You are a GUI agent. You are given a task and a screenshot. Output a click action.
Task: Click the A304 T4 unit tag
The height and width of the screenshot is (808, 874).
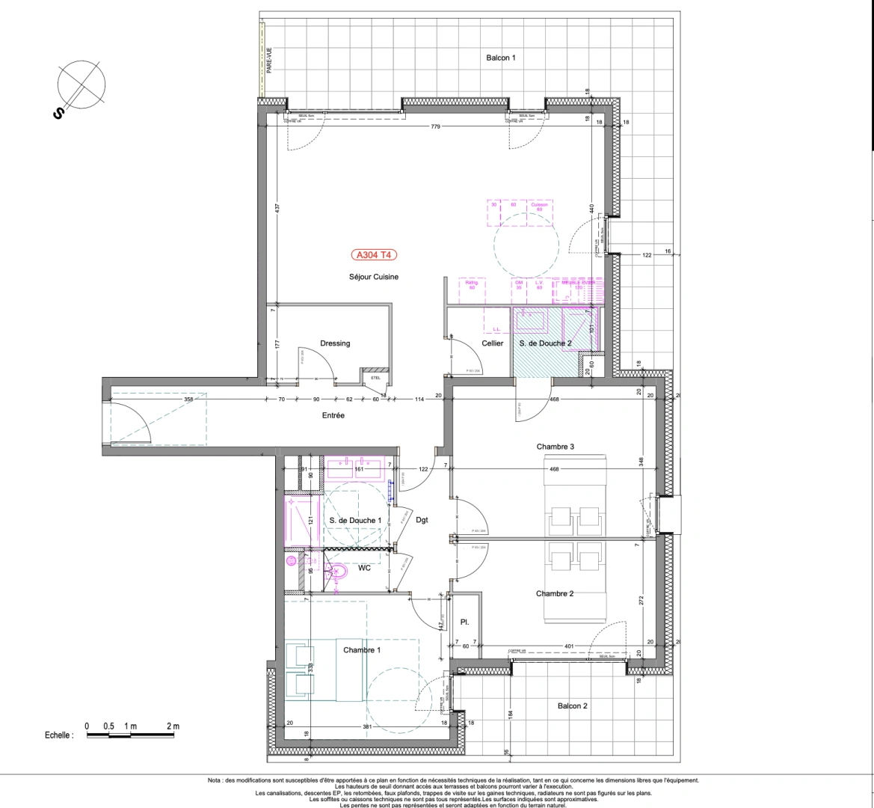pyautogui.click(x=374, y=254)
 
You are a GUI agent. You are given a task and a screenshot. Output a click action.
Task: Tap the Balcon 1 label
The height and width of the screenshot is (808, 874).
pyautogui.click(x=501, y=58)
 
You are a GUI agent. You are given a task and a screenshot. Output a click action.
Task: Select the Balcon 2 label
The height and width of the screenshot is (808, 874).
pyautogui.click(x=573, y=706)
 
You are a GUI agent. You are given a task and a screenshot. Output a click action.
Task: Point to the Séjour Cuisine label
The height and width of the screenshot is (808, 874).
pyautogui.click(x=374, y=277)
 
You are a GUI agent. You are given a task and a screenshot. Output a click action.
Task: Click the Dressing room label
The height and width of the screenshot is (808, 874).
pyautogui.click(x=335, y=343)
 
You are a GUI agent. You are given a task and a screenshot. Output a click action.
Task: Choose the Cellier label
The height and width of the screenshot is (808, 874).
pyautogui.click(x=493, y=343)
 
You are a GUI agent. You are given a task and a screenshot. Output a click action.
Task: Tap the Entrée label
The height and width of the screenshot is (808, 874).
pyautogui.click(x=333, y=415)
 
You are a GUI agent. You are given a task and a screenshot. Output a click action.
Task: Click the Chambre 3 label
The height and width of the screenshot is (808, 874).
pyautogui.click(x=555, y=447)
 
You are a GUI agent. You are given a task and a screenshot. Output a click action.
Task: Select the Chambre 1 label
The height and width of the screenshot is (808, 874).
pyautogui.click(x=362, y=650)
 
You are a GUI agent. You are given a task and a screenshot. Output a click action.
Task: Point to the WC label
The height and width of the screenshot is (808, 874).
pyautogui.click(x=365, y=568)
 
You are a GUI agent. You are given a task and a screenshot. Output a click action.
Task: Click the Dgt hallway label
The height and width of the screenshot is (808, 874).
pyautogui.click(x=422, y=520)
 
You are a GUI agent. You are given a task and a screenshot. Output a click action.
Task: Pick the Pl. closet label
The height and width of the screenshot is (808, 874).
pyautogui.click(x=464, y=622)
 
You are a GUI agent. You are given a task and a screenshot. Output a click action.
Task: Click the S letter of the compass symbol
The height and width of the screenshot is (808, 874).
pyautogui.click(x=57, y=113)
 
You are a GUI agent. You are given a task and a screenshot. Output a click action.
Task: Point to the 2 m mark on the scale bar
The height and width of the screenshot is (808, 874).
pyautogui.click(x=173, y=726)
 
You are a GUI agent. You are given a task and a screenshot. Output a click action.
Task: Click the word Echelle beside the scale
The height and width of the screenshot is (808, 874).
pyautogui.click(x=59, y=736)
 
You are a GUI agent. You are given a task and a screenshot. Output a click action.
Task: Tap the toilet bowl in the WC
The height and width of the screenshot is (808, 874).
pyautogui.click(x=338, y=573)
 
